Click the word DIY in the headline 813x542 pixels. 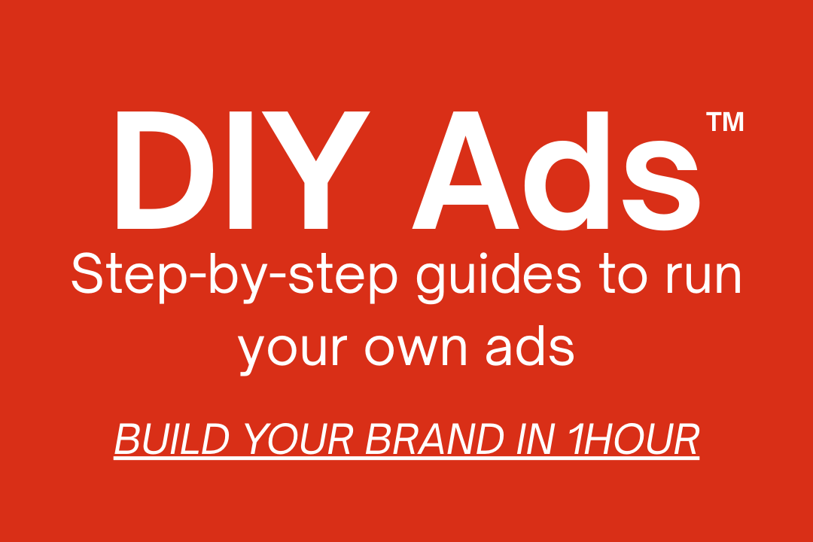tap(243, 170)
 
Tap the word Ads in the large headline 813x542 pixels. tap(556, 171)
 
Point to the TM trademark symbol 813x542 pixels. tap(725, 121)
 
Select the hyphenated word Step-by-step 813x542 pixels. tap(234, 277)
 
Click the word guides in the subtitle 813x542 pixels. tap(499, 277)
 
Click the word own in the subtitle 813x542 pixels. tap(416, 350)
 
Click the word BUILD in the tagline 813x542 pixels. tap(172, 439)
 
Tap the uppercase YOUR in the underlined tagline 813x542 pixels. tap(299, 439)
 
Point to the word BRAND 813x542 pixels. tap(434, 439)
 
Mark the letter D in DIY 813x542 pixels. tap(165, 170)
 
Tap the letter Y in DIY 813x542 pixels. tap(315, 170)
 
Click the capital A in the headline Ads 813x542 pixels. tap(466, 170)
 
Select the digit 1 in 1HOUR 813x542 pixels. tap(577, 439)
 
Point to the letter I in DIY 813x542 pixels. tap(241, 170)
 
